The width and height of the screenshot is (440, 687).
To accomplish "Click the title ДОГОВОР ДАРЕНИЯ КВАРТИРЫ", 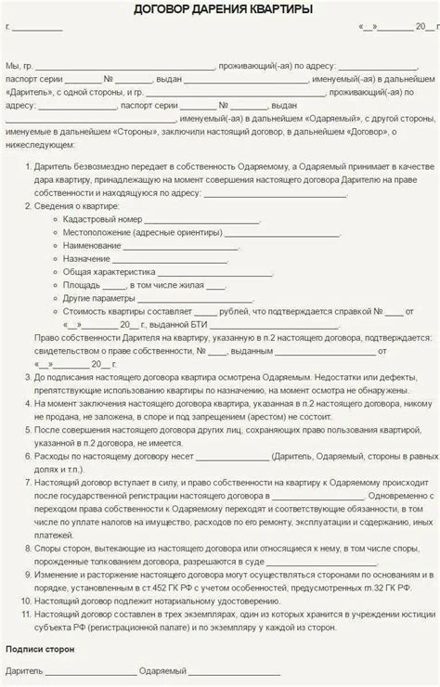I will pos(220,10).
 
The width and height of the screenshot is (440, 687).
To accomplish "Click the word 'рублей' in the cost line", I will pos(236,313).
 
